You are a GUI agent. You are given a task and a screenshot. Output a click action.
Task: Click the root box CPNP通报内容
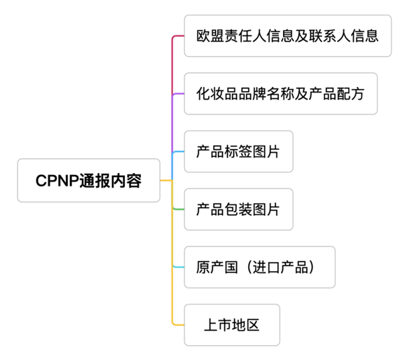88,181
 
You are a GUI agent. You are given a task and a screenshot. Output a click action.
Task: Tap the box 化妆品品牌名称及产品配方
280,93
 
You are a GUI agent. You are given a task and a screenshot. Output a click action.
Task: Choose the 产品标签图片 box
238,151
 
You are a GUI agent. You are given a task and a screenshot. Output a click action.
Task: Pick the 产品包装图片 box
238,209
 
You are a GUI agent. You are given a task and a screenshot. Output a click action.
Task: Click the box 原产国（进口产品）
259,267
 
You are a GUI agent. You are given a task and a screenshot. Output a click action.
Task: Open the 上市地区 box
232,324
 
